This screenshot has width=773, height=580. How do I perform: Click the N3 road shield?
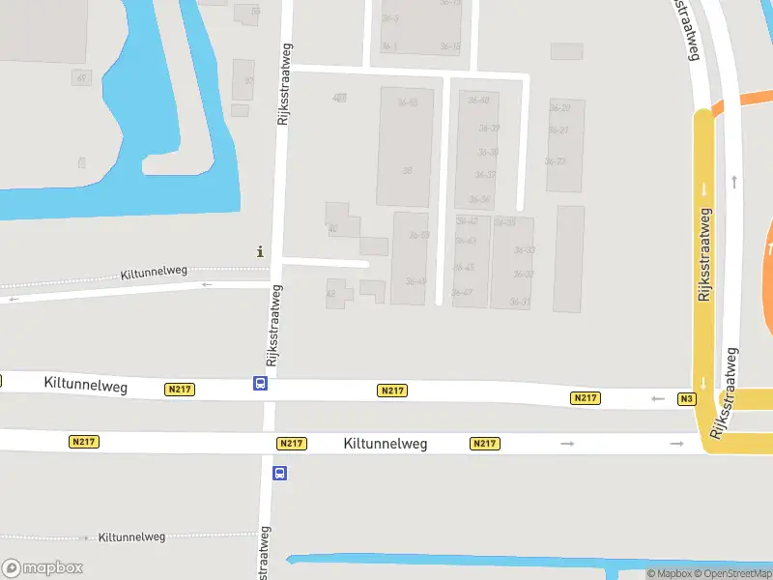687,398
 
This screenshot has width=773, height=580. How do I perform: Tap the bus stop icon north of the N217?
260,384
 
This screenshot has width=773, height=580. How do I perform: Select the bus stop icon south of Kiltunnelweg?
279,473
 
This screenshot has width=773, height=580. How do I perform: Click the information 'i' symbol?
259,251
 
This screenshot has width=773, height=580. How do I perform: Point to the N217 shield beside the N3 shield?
586,398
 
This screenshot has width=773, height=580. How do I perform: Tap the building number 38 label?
408,170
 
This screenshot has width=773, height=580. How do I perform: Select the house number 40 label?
332,229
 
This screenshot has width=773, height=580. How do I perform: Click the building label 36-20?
558,107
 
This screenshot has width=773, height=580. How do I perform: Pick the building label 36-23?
555,160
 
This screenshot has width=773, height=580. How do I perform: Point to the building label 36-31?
520,303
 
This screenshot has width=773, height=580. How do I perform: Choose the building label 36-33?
524,250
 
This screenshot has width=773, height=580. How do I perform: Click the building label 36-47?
462,292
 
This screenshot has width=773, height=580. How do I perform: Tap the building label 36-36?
479,199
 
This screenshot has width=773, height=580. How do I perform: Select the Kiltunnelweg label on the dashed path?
132,536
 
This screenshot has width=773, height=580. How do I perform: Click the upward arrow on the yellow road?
735,181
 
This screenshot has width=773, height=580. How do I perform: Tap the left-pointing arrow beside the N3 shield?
659,398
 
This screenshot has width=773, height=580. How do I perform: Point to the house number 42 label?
330,293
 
